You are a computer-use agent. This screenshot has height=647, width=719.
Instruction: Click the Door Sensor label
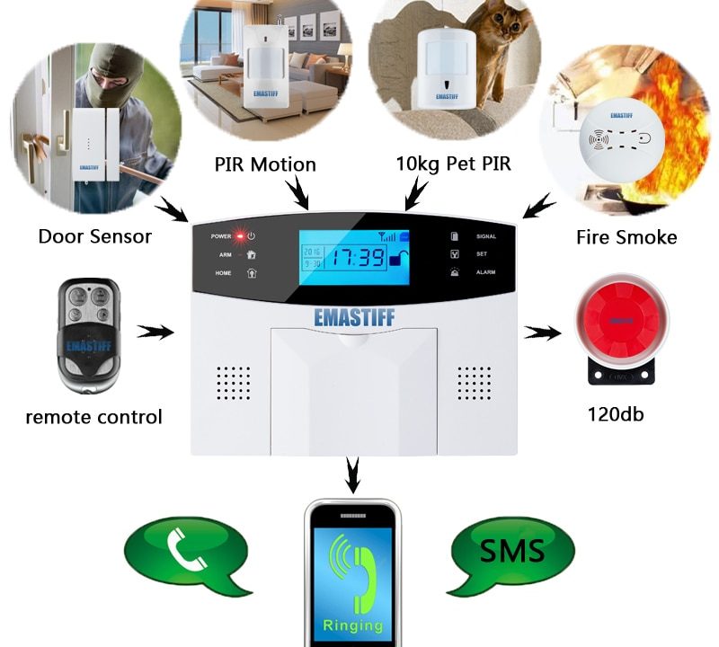click(x=94, y=236)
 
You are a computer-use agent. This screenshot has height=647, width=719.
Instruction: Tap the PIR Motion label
click(x=265, y=164)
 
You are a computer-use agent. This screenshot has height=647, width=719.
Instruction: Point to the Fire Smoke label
click(x=626, y=237)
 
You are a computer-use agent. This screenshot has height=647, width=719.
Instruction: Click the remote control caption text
click(x=93, y=417)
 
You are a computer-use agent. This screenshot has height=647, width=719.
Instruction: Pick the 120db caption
click(x=616, y=414)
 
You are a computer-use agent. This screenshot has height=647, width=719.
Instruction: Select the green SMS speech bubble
click(x=510, y=550)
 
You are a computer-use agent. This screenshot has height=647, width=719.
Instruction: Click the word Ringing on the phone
click(x=353, y=625)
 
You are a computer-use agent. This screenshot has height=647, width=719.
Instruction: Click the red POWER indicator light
click(x=240, y=236)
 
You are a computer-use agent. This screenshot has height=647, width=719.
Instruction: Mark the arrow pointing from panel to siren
click(x=542, y=333)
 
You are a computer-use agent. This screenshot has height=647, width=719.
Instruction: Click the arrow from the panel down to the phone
click(x=353, y=474)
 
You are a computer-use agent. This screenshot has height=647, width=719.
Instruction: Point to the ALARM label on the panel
click(x=485, y=271)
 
